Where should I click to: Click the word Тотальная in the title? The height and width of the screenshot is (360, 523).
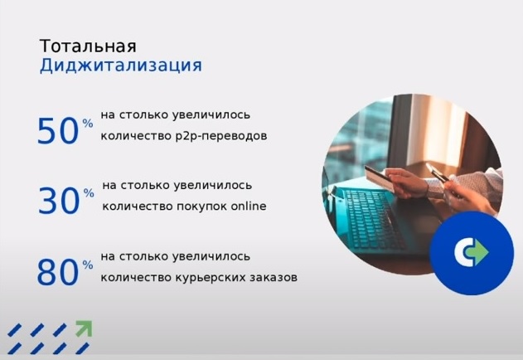tap(88, 46)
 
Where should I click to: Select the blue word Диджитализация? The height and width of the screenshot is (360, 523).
tap(121, 66)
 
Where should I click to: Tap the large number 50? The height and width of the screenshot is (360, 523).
tap(58, 130)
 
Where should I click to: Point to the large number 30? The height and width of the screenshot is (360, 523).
tap(59, 201)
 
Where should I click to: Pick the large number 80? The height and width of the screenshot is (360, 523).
tap(58, 273)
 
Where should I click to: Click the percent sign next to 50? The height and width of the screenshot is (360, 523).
tap(88, 124)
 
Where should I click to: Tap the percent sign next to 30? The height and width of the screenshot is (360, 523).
tap(89, 193)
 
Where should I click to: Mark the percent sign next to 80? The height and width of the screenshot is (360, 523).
tap(88, 265)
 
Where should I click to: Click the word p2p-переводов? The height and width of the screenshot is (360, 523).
tap(221, 136)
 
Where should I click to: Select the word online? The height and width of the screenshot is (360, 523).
tap(249, 206)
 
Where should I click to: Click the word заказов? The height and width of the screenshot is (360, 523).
tap(275, 278)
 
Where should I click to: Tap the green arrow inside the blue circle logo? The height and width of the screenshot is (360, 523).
tap(480, 253)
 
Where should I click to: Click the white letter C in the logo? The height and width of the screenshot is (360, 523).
tap(463, 253)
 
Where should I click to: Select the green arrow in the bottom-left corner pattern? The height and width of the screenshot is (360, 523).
tap(84, 329)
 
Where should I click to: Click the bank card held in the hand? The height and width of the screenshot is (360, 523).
tap(380, 178)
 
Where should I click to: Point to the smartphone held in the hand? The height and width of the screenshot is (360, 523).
tap(436, 173)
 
